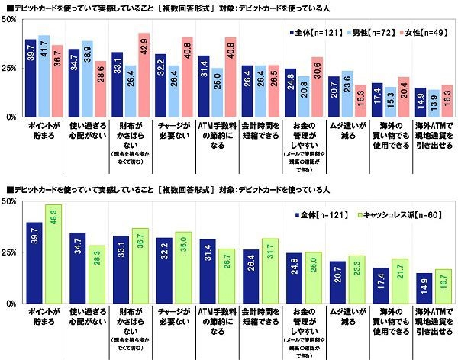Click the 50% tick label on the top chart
(11, 18)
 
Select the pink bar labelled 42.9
(142, 76)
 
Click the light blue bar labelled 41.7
(44, 76)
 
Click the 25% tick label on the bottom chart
(11, 252)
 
